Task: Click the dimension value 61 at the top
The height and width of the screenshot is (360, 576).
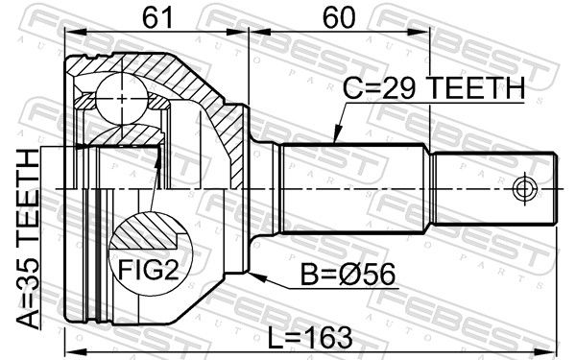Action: [157, 17]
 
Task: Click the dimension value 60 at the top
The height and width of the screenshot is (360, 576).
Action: [339, 17]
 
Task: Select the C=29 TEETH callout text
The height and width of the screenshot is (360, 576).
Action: [434, 88]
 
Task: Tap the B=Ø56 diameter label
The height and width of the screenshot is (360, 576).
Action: [348, 274]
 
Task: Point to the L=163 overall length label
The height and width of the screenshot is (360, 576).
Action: [310, 338]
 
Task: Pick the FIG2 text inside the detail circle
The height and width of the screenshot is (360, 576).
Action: [148, 270]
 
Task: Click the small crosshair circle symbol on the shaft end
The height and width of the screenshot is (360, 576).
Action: [524, 189]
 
